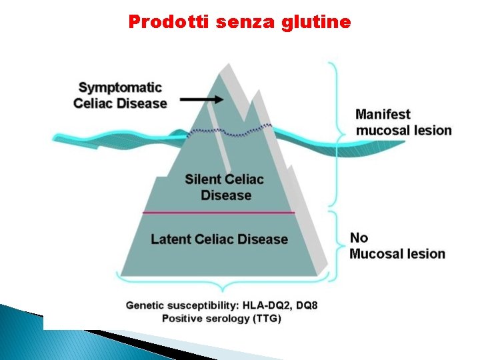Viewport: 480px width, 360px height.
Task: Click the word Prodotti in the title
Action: (x=168, y=22)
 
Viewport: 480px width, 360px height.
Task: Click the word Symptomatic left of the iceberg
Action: (x=120, y=87)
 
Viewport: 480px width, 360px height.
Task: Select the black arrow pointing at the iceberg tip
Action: (x=202, y=99)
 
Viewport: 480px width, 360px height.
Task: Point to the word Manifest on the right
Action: (x=383, y=115)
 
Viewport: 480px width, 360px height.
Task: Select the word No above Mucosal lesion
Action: (x=359, y=238)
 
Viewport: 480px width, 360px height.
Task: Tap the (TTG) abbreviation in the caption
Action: (x=267, y=319)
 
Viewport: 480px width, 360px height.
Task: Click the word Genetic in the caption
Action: (x=145, y=306)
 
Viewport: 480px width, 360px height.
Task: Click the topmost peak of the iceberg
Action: (x=224, y=65)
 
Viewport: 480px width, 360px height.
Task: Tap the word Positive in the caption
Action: (x=181, y=319)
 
